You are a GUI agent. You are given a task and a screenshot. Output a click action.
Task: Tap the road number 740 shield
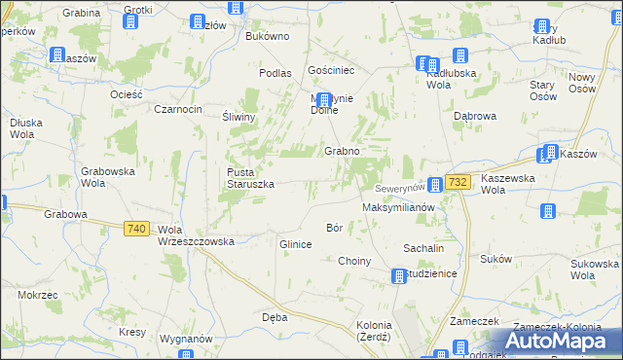pos(136,229)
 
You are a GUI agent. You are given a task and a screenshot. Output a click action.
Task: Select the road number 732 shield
pos(459,182)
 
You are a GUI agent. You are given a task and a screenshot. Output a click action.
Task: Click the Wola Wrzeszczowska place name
pos(196,236)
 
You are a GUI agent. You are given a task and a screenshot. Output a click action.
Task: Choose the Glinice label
pos(295,244)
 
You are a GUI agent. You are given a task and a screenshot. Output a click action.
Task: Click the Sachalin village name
pos(424,248)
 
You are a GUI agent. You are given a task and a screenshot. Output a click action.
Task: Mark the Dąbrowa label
pos(475,116)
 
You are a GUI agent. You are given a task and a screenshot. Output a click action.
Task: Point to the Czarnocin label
pos(178,109)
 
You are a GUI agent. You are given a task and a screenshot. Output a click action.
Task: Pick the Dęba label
pos(274,317)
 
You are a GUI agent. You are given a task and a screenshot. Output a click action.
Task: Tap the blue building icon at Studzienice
pos(398,276)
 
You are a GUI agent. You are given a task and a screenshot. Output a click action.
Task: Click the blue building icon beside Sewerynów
pos(435,184)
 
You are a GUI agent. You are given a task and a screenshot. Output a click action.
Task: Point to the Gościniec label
pos(328,71)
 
